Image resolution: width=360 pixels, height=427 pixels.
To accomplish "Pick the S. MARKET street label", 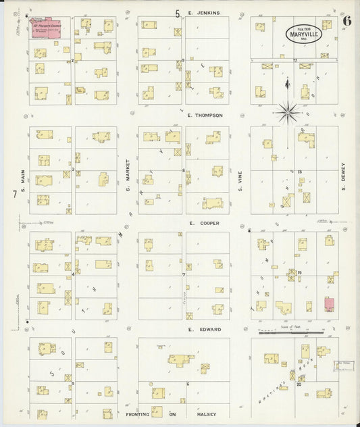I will (x=127, y=173).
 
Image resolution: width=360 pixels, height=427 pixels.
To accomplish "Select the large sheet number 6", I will (x=346, y=20).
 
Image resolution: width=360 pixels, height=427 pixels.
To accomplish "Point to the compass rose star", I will (x=288, y=111).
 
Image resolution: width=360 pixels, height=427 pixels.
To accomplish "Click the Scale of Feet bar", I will (x=292, y=332).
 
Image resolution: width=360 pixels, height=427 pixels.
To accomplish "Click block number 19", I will (x=299, y=273).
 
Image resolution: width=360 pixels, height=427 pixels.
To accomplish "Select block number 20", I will (x=299, y=385).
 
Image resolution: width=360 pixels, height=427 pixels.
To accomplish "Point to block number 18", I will (x=299, y=173).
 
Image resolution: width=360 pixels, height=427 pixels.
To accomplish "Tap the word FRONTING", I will (x=139, y=414).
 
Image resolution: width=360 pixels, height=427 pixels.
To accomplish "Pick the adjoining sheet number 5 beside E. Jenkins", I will (x=178, y=12).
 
